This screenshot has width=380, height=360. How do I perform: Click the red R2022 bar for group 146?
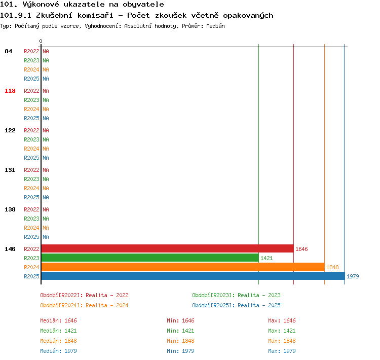pos(168,248)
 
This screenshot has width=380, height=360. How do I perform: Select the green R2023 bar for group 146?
pos(150,258)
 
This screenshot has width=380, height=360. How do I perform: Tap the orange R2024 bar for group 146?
pos(183,267)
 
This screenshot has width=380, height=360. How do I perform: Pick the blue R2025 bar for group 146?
pos(193,276)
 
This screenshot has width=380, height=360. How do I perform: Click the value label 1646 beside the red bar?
pos(301,249)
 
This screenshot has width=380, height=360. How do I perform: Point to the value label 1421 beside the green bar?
pos(267,258)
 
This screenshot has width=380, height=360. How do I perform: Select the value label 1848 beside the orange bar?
pos(332,267)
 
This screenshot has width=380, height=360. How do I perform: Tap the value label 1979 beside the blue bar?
pos(353,276)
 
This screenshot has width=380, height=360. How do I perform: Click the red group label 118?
pos(10,91)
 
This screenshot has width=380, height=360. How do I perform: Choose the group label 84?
pos(8,51)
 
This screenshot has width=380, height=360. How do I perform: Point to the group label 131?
pos(10,170)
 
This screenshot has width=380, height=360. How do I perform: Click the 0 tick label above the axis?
pos(41,41)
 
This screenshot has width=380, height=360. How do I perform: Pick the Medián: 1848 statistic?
pos(58,341)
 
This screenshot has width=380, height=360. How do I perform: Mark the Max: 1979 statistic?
pos(282,351)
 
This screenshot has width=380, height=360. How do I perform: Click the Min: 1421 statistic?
pos(180,331)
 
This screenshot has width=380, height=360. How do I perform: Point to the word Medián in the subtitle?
pos(215,26)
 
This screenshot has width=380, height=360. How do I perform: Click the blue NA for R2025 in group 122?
pos(46,158)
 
